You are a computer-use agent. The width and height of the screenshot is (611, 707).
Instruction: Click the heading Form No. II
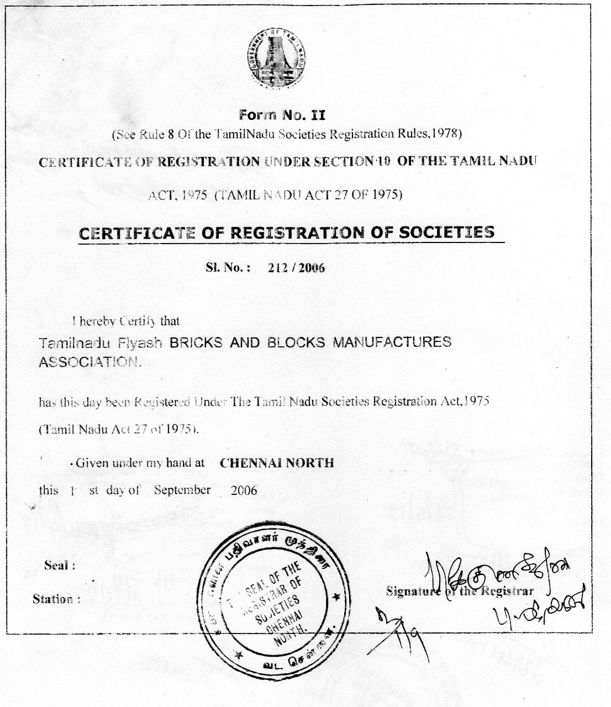tap(282, 115)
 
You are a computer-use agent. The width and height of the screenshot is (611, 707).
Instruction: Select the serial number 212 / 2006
tap(296, 268)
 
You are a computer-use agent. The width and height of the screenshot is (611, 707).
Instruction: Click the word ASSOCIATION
tap(89, 362)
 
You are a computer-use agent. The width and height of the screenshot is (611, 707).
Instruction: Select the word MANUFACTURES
tap(391, 342)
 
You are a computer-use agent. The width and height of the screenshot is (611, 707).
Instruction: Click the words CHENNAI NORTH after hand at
tap(277, 463)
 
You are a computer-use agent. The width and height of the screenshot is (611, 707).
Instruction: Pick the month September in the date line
tap(182, 490)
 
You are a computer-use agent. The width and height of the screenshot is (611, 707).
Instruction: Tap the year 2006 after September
tap(244, 490)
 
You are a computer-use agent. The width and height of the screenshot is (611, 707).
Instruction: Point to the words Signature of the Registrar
tap(460, 591)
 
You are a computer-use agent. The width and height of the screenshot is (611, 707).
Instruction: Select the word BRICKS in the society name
tap(195, 342)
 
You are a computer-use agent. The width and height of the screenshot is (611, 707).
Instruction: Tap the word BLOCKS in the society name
tap(296, 342)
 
